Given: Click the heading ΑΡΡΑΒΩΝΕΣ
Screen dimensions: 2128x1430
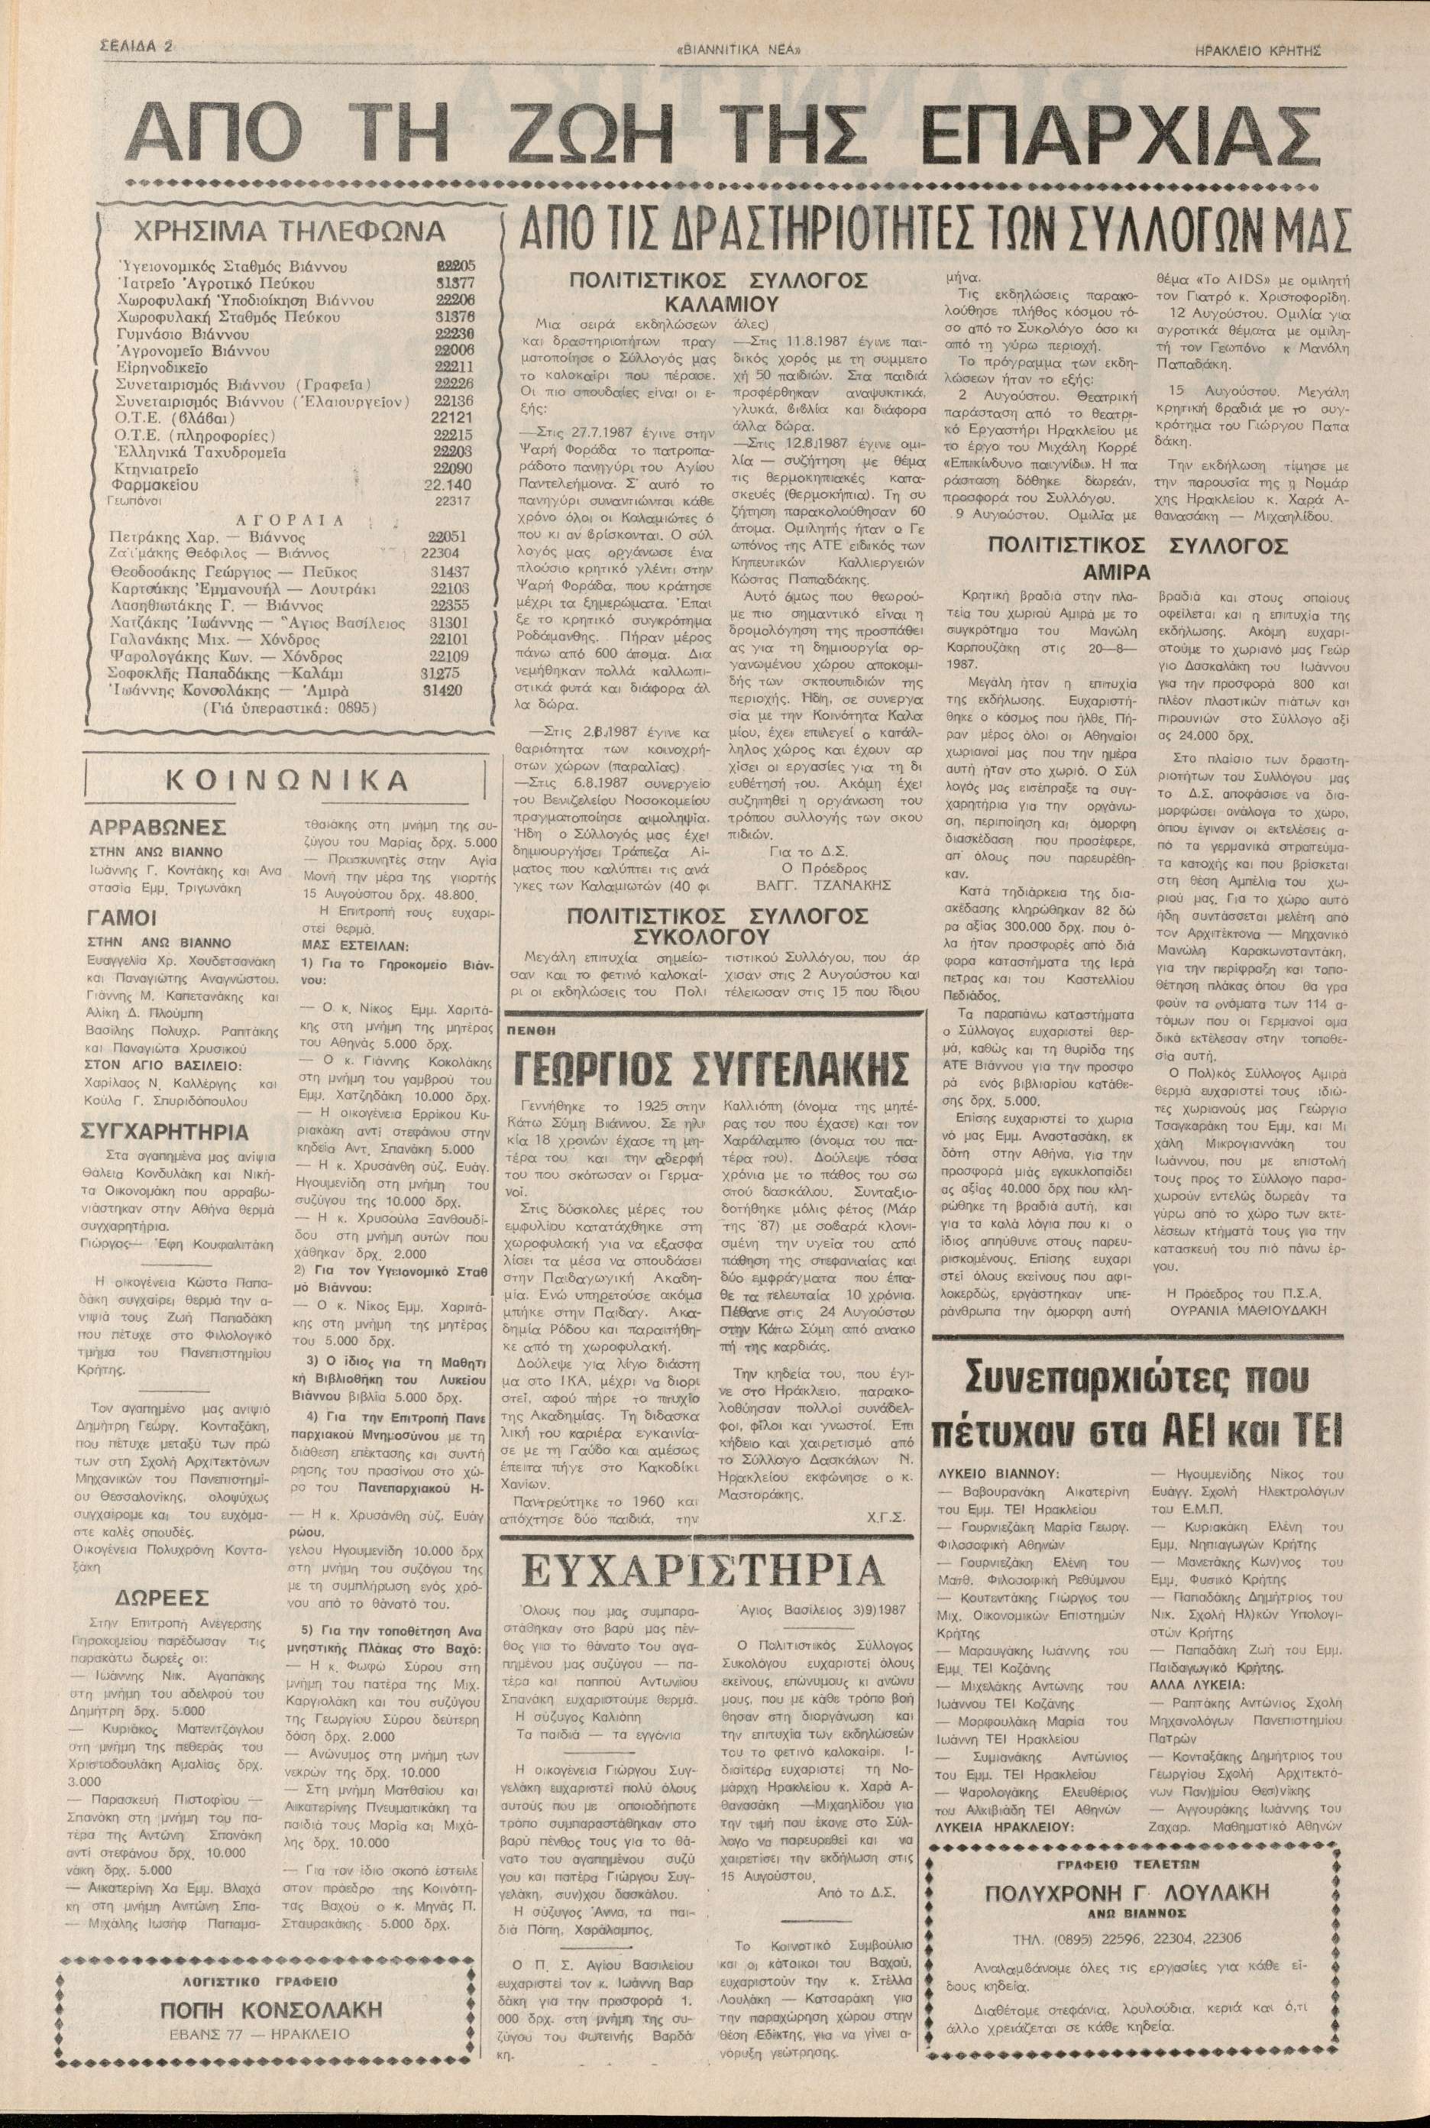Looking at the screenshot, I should [x=157, y=828].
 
